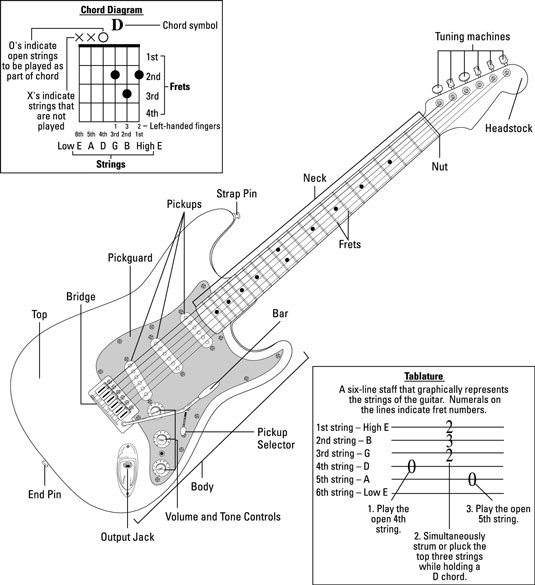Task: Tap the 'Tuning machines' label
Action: click(x=472, y=37)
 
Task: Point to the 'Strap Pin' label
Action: click(x=236, y=192)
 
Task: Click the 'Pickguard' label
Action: click(x=131, y=257)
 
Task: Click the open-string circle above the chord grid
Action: click(x=102, y=37)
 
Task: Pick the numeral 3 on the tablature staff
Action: click(x=450, y=441)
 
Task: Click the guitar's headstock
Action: click(x=470, y=88)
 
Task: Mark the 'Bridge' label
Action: click(x=82, y=297)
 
